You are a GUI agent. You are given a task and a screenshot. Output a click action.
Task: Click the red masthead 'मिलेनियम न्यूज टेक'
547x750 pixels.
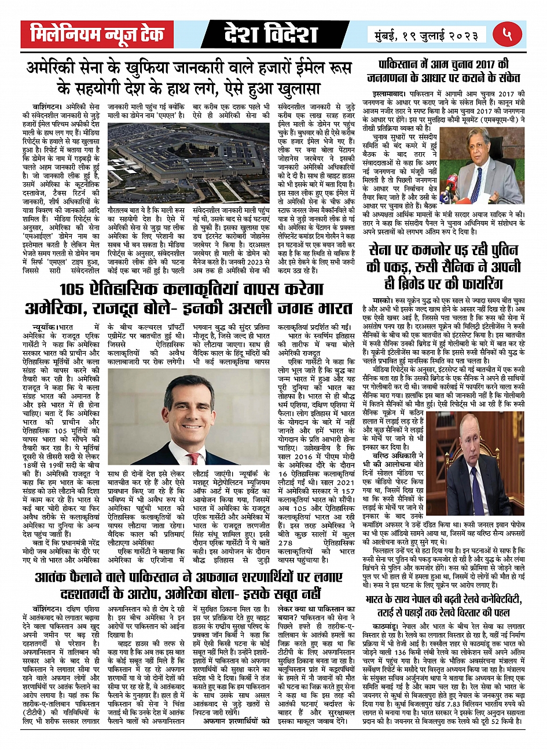click(97, 34)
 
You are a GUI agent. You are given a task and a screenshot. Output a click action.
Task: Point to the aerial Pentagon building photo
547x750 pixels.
click(189, 162)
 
